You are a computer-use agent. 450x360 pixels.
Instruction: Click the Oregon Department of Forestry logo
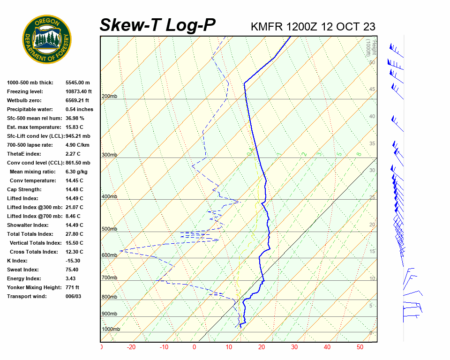(x=47, y=39)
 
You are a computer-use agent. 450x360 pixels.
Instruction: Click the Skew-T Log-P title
(x=157, y=25)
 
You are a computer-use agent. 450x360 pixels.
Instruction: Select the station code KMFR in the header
(x=267, y=26)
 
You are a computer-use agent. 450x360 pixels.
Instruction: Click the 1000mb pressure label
(x=111, y=330)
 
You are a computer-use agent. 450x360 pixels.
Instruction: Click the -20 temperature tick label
(x=131, y=347)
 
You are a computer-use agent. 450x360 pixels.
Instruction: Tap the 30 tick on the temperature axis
(x=294, y=347)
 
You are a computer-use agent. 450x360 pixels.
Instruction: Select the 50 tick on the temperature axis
(x=360, y=347)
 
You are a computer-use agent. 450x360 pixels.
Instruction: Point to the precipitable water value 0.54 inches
(x=79, y=109)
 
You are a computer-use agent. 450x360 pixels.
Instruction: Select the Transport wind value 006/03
(x=74, y=296)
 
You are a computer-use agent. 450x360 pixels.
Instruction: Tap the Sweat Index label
(x=23, y=270)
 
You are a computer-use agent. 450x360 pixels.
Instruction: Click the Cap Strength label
(x=24, y=189)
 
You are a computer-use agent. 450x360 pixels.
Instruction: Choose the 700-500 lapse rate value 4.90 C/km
(x=78, y=145)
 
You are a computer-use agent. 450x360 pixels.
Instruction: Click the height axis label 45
(x=372, y=90)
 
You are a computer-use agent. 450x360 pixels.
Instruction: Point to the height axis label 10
(x=372, y=279)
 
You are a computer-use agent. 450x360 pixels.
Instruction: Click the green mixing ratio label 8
(x=359, y=154)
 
